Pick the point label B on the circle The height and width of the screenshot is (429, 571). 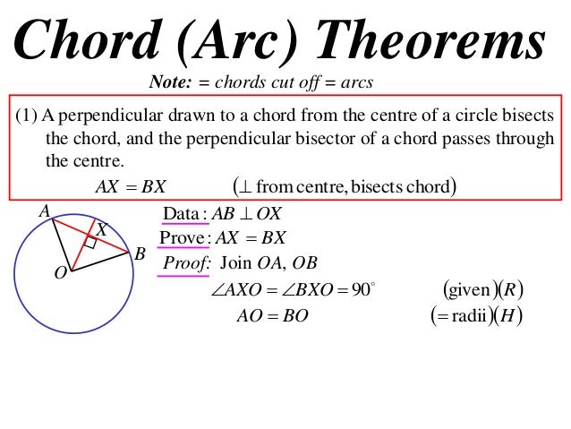(x=139, y=254)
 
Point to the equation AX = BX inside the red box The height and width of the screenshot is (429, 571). (x=130, y=186)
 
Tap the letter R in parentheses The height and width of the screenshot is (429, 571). (x=511, y=290)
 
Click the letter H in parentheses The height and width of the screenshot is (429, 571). (x=510, y=315)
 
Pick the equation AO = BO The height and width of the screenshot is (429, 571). (x=272, y=315)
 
